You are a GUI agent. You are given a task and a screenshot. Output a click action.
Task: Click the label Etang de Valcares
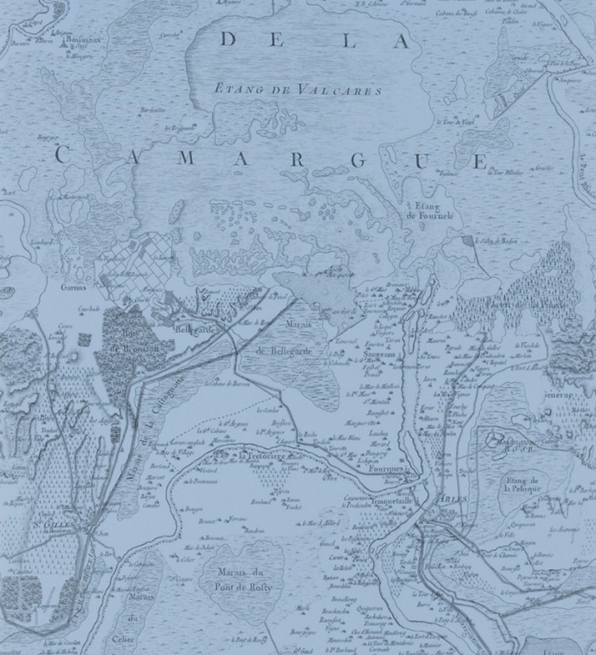pyautogui.click(x=295, y=88)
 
